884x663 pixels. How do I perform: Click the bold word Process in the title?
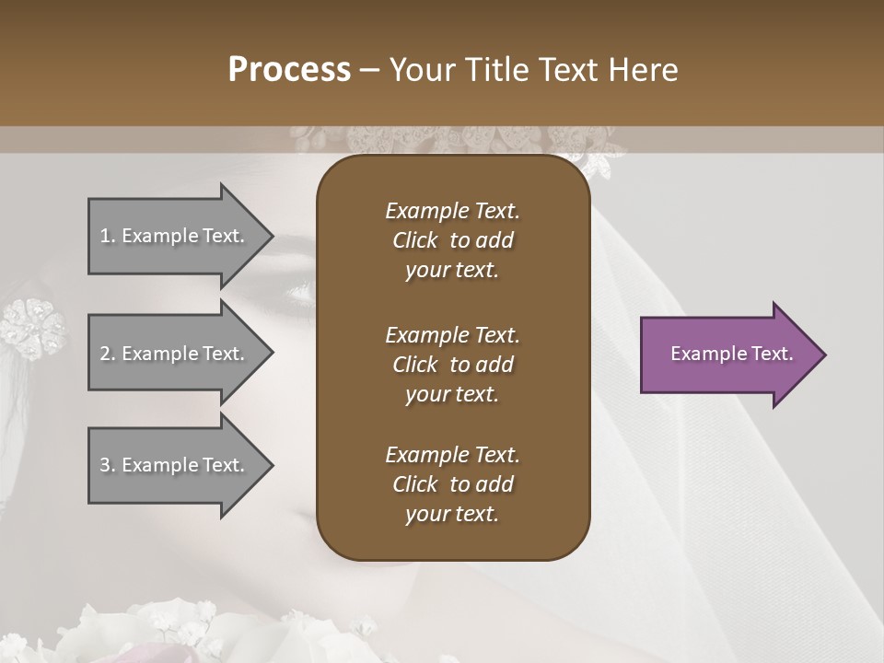pos(289,70)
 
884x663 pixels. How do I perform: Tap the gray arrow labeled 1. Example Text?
pos(175,236)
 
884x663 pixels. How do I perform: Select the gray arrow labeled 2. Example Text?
pos(175,354)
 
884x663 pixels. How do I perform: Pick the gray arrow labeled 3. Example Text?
pos(175,465)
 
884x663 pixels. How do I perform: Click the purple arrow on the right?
pos(727,355)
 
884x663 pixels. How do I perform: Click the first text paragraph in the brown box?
pos(452,240)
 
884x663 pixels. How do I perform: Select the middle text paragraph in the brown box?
pos(452,364)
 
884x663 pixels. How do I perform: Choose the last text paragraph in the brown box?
pos(452,484)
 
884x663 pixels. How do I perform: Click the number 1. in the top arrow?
pos(108,236)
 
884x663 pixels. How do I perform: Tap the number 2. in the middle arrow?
pos(108,354)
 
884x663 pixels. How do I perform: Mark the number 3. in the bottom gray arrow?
pos(108,465)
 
